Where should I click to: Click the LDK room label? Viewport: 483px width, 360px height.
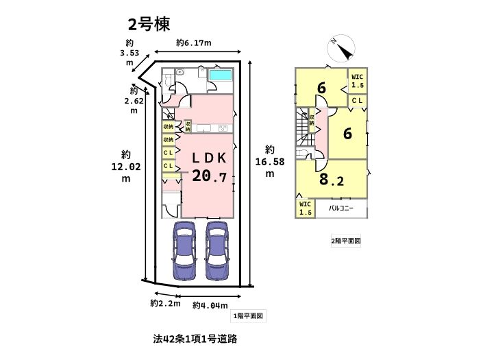203,157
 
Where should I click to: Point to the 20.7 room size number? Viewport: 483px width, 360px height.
208,176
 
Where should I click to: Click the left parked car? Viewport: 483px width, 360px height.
185,251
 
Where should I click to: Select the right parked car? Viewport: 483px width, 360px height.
217,251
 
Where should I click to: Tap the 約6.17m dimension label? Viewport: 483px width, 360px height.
193,43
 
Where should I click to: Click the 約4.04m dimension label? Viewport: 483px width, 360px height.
210,304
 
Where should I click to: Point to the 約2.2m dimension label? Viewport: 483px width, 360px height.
165,302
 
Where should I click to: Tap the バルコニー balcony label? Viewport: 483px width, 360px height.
340,207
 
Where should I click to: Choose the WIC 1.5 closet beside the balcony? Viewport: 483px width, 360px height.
306,208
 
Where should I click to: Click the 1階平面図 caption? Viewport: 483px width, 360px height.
248,316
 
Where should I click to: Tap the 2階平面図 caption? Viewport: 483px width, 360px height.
345,241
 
